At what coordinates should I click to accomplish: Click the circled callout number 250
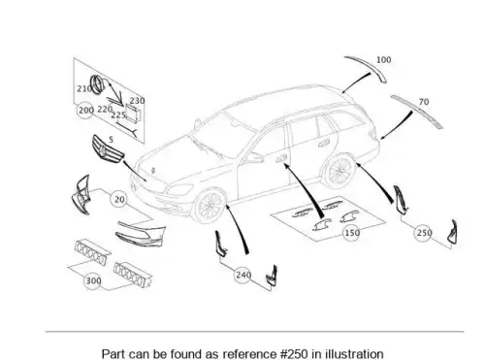pyautogui.click(x=424, y=233)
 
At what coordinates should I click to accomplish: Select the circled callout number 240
pyautogui.click(x=243, y=275)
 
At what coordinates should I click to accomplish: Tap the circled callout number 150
pyautogui.click(x=352, y=233)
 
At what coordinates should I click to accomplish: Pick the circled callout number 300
pyautogui.click(x=93, y=280)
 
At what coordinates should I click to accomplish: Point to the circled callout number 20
pyautogui.click(x=119, y=199)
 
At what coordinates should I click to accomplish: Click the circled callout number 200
pyautogui.click(x=85, y=111)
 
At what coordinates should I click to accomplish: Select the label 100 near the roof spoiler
pyautogui.click(x=384, y=60)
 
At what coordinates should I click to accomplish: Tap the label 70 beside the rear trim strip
pyautogui.click(x=424, y=102)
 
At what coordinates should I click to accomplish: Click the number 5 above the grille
pyautogui.click(x=112, y=140)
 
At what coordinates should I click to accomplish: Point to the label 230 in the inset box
pyautogui.click(x=138, y=101)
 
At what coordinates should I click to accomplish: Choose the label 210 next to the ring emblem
pyautogui.click(x=84, y=88)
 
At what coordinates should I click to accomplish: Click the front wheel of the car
pyautogui.click(x=209, y=206)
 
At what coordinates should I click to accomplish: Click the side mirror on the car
pyautogui.click(x=253, y=158)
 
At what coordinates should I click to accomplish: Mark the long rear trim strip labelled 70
pyautogui.click(x=417, y=112)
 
